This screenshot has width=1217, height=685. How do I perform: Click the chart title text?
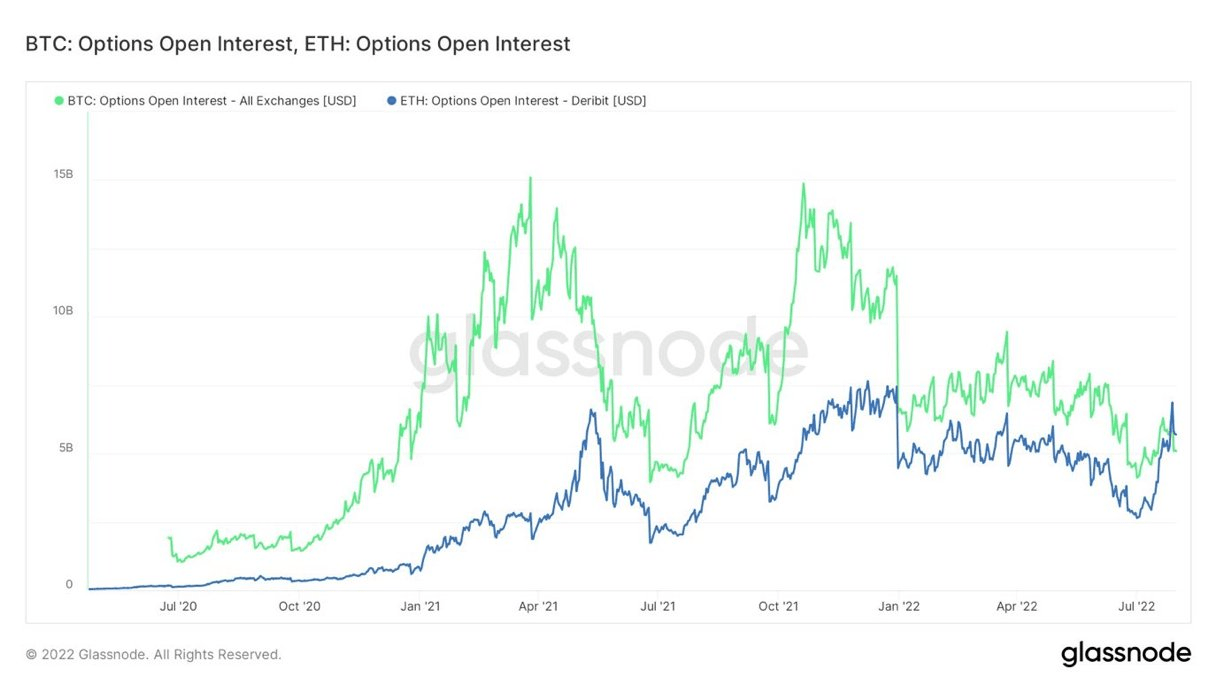point(298,44)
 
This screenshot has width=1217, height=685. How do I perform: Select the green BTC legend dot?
point(59,101)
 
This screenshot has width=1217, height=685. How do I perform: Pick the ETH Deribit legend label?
point(522,101)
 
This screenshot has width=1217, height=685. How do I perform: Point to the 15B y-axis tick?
point(63,174)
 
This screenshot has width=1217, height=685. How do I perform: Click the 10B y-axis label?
point(63,311)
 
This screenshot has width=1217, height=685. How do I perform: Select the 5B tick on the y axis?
point(66,448)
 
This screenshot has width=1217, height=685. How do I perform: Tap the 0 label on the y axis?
point(69,585)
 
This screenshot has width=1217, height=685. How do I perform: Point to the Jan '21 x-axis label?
point(420,606)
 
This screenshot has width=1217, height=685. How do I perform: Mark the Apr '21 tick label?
point(539,606)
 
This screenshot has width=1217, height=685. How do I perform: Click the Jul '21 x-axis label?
point(658,606)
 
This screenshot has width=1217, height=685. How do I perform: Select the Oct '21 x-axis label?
point(779,606)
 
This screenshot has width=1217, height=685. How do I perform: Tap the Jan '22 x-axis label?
point(898,606)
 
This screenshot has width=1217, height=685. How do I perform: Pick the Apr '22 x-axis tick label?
point(1017,606)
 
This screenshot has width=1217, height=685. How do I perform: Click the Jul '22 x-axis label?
point(1136,606)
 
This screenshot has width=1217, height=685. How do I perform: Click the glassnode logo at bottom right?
point(1125,654)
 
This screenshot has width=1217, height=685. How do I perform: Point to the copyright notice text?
point(153,655)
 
